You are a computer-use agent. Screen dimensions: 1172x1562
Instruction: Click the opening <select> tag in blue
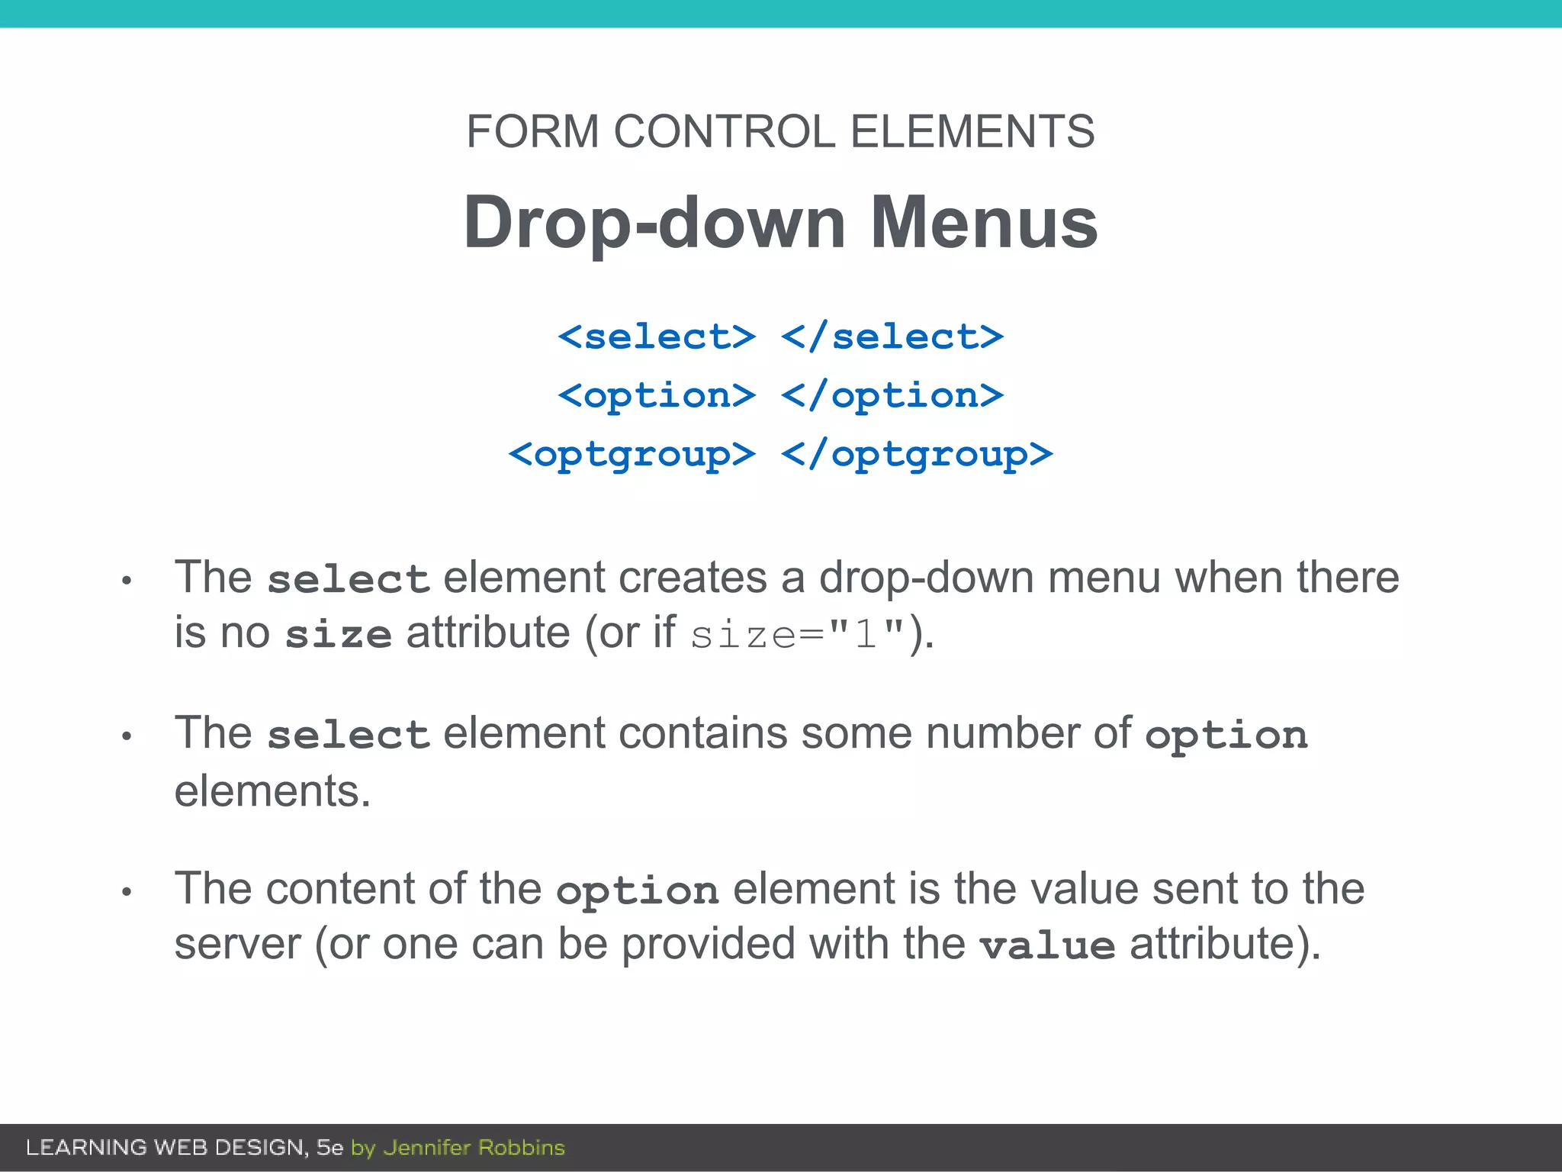(x=657, y=336)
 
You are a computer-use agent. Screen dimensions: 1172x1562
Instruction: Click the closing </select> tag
(x=892, y=336)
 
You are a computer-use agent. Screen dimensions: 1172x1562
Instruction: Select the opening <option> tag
(x=657, y=395)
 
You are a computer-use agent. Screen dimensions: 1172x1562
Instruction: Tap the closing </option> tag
(x=892, y=395)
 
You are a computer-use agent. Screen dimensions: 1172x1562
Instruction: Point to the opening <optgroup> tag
(x=632, y=455)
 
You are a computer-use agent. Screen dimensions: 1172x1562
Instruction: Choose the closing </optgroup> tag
(x=917, y=455)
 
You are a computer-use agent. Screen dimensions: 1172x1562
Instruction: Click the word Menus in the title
(x=984, y=222)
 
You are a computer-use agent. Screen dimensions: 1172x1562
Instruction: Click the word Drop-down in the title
(x=654, y=222)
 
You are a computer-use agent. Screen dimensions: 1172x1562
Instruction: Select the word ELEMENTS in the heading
(x=972, y=131)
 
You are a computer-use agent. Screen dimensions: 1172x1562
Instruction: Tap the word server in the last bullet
(x=237, y=945)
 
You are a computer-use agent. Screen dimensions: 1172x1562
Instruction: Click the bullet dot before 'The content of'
(x=127, y=891)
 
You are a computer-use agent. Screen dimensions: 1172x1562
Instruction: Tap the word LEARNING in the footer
(x=86, y=1148)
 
